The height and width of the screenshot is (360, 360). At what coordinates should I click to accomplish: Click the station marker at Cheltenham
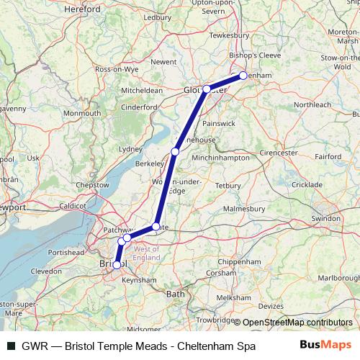pos(243,75)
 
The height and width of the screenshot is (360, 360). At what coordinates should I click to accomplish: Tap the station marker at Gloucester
pos(207,89)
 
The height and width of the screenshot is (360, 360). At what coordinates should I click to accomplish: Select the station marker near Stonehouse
pos(175,151)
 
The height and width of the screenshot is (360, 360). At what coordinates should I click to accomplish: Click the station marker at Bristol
pos(117,264)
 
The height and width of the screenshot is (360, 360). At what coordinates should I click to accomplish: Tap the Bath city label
pos(175,294)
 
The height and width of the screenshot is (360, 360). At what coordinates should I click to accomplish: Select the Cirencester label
pos(279,153)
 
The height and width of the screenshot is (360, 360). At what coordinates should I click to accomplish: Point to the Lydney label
pos(130,148)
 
